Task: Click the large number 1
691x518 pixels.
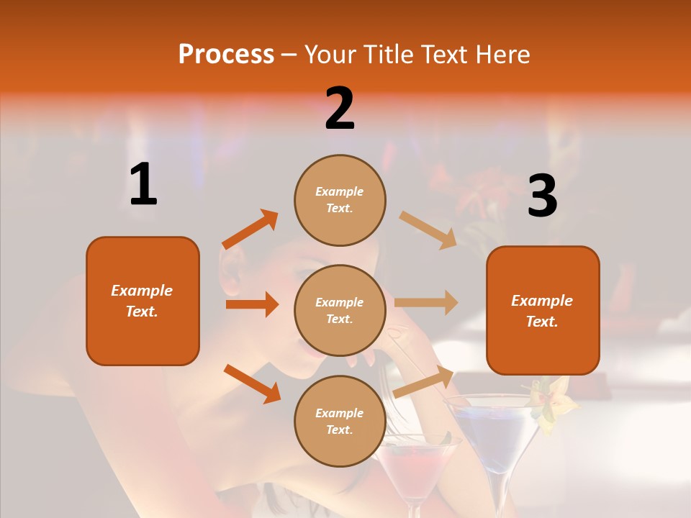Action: pos(143,185)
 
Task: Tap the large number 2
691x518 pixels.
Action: pos(340,109)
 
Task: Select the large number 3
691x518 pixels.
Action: pos(542,196)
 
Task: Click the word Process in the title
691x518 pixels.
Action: pos(226,54)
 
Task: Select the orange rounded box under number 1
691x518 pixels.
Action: pos(143,301)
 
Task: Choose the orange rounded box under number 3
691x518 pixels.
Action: pos(543,311)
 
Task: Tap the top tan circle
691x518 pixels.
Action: pos(340,200)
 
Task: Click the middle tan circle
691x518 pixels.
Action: pos(340,310)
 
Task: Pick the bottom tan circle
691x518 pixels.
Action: pos(340,421)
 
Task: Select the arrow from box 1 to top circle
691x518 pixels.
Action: pos(250,230)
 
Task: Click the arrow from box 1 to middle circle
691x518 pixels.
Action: pos(252,304)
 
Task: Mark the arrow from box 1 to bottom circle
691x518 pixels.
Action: pos(252,383)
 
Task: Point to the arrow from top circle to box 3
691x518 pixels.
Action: pos(428,230)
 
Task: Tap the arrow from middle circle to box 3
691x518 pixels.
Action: pos(426,303)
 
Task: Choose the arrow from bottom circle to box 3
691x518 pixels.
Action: pos(424,381)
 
